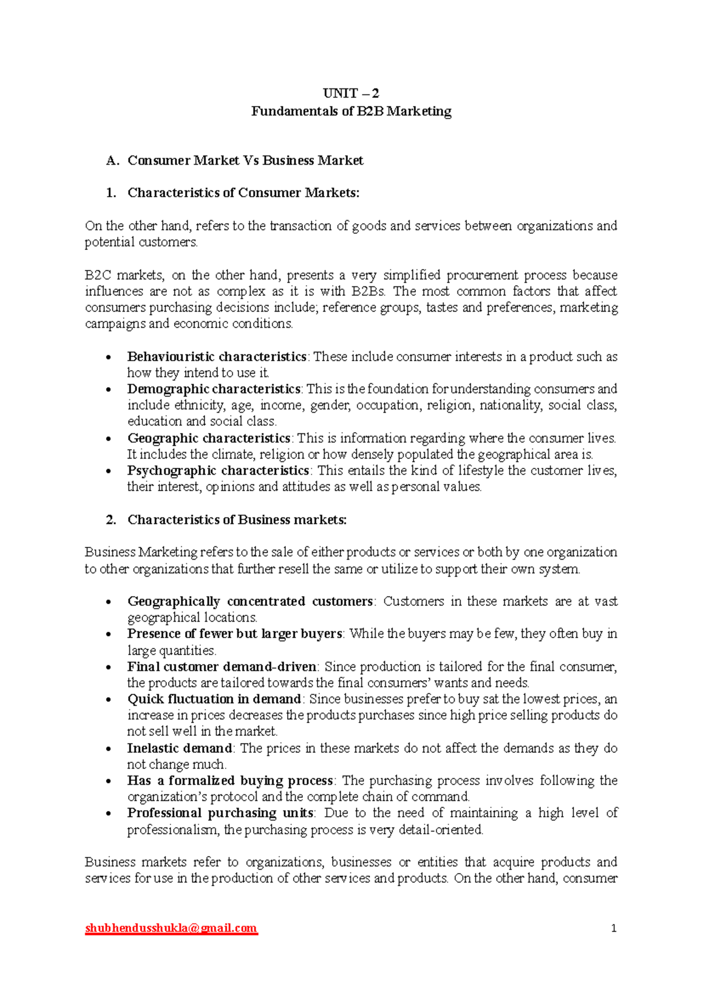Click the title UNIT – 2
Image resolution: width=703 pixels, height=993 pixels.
[351, 93]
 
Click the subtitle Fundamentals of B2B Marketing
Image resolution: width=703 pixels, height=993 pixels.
[351, 111]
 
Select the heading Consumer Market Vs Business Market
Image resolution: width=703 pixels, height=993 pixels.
[245, 160]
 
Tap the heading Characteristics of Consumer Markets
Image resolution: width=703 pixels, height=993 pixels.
[243, 193]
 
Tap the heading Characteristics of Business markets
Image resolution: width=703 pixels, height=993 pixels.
[237, 520]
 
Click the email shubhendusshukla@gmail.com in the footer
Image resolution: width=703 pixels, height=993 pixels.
[171, 928]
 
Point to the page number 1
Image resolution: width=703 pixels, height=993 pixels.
[613, 929]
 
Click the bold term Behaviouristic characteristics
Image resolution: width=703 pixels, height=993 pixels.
[217, 357]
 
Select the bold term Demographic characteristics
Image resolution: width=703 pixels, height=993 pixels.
[214, 389]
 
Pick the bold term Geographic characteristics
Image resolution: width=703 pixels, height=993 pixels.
[209, 438]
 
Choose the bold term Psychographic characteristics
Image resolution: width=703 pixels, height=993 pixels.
[218, 471]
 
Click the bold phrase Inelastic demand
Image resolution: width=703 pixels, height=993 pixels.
[180, 748]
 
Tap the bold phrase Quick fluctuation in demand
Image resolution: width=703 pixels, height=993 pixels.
[214, 699]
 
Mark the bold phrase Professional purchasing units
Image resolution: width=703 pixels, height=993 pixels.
[220, 813]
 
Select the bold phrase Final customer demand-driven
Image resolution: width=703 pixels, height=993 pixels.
[222, 666]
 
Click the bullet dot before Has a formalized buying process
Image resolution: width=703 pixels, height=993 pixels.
[108, 782]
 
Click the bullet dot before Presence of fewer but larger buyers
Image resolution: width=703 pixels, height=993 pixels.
[108, 635]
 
